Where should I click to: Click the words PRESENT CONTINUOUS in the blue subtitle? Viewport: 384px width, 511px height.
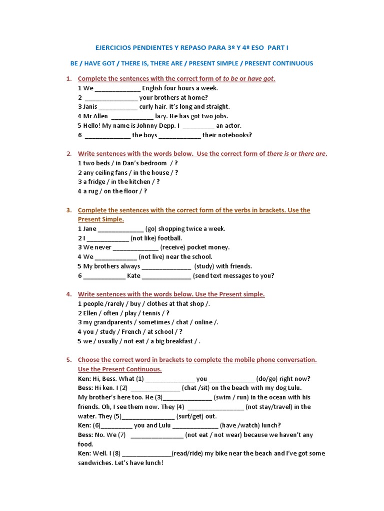(278, 63)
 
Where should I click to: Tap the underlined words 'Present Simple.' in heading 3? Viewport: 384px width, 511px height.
(100, 220)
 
